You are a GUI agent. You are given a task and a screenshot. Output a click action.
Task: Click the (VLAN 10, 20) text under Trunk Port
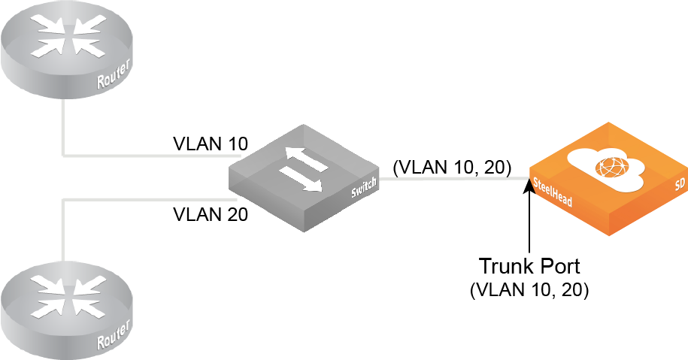[529, 289]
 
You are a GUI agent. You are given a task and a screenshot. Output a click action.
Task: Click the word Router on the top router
[115, 77]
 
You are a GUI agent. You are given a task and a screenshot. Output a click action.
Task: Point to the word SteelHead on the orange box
[553, 192]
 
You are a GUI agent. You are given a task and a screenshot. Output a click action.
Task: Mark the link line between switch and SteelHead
[451, 180]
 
